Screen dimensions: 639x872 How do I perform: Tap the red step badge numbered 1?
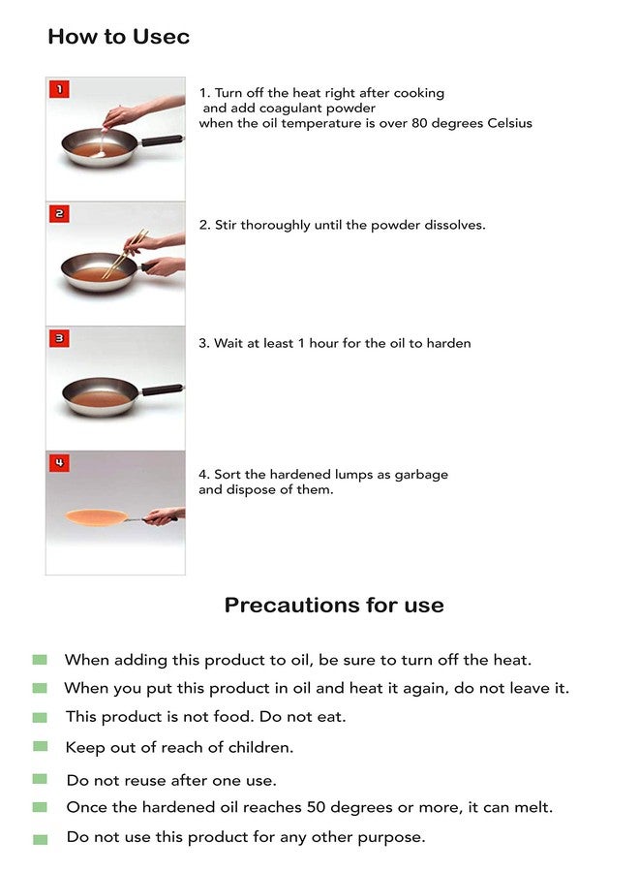click(x=59, y=89)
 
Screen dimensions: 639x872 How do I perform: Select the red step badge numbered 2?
click(x=59, y=213)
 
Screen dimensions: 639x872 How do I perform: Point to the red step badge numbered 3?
click(x=59, y=338)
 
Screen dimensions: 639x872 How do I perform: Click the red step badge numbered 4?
click(x=59, y=463)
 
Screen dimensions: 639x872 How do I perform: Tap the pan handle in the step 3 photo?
click(x=163, y=389)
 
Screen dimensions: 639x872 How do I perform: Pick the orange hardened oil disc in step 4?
click(x=96, y=517)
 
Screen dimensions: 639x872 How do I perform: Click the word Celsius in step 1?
click(x=509, y=123)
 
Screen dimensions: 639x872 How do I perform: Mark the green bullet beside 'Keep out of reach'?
click(x=40, y=746)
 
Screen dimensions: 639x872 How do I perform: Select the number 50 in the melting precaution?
click(x=316, y=807)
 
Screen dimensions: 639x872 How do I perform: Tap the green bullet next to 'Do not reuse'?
click(x=40, y=779)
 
